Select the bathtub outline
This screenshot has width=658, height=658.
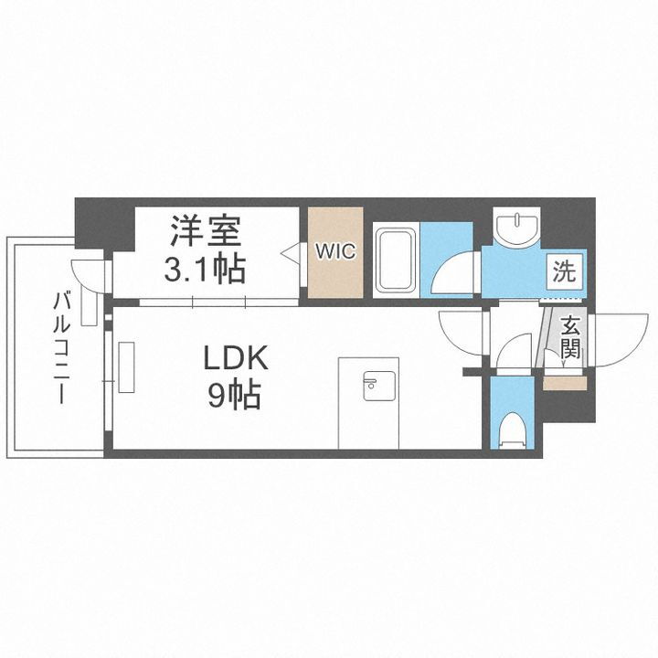tap(395, 260)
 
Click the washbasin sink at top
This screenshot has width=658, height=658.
tap(517, 226)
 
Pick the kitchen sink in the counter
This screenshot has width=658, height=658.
tap(380, 387)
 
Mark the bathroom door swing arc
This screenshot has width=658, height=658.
tap(454, 273)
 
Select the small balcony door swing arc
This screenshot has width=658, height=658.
tap(89, 275)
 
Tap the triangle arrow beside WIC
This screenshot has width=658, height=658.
tap(291, 251)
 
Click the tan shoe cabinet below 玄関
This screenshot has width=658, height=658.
tap(564, 383)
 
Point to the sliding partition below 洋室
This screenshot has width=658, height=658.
tap(219, 301)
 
